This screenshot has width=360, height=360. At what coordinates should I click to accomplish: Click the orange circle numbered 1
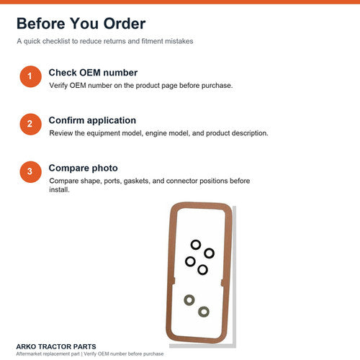30,76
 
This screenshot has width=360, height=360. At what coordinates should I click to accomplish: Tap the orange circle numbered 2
30,124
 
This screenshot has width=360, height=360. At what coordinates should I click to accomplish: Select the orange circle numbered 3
30,172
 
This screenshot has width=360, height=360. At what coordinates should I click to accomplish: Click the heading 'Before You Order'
81,24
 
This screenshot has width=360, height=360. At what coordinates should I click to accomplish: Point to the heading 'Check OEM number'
93,73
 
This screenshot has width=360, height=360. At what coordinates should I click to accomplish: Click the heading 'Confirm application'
92,120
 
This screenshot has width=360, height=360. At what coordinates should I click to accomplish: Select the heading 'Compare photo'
84,168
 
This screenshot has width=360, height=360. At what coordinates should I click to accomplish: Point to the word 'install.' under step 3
59,189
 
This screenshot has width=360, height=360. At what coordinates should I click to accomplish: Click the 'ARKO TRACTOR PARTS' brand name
56,346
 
